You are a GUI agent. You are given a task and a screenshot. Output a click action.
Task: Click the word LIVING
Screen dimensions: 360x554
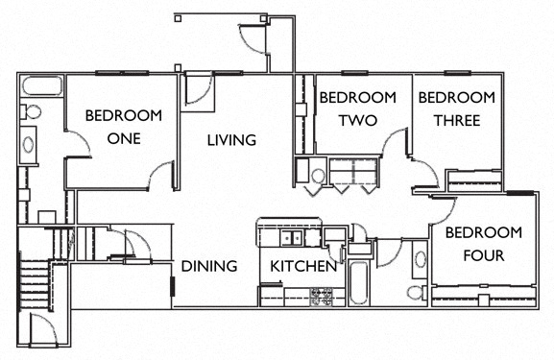click(x=231, y=140)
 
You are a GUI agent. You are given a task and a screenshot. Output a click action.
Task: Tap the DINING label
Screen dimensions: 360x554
click(x=208, y=266)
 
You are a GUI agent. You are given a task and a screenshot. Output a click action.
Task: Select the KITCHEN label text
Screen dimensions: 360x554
click(x=302, y=266)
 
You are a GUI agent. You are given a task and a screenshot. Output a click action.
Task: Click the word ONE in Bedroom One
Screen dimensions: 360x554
click(x=124, y=138)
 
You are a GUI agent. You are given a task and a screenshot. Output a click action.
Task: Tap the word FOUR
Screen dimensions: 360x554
click(x=483, y=255)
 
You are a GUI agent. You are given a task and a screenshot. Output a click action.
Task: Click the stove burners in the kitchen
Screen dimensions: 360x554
click(x=321, y=296)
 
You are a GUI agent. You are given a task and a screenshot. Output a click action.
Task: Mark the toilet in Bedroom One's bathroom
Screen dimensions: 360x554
click(x=29, y=111)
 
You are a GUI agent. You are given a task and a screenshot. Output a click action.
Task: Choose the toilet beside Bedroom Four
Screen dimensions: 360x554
click(x=415, y=291)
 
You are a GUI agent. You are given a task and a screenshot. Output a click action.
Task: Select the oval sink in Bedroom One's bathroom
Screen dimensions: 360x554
click(x=28, y=146)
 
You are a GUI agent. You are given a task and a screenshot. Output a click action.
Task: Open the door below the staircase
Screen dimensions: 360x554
click(x=41, y=330)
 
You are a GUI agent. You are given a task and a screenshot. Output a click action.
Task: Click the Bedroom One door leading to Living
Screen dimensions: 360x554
click(x=161, y=177)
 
